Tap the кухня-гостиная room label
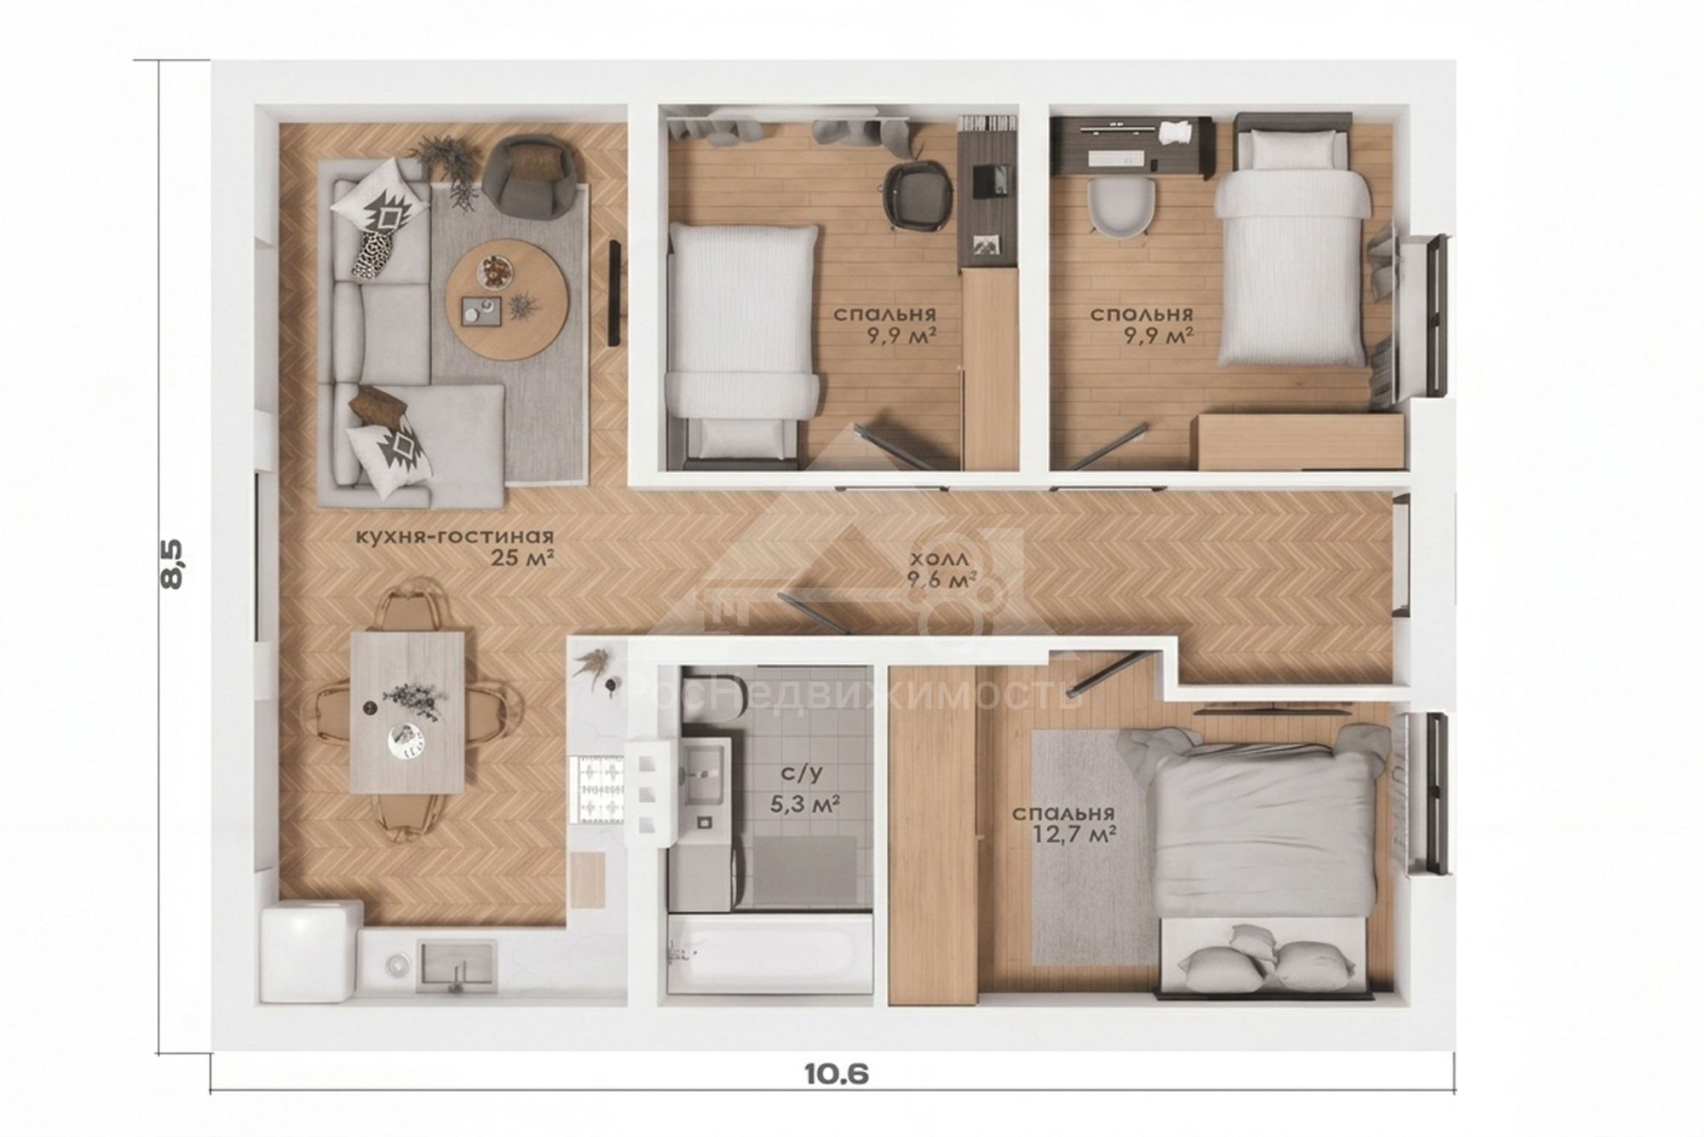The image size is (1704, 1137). (455, 537)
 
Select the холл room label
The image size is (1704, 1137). (940, 559)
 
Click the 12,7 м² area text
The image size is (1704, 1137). (1081, 835)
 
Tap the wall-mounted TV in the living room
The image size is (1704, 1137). (613, 293)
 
